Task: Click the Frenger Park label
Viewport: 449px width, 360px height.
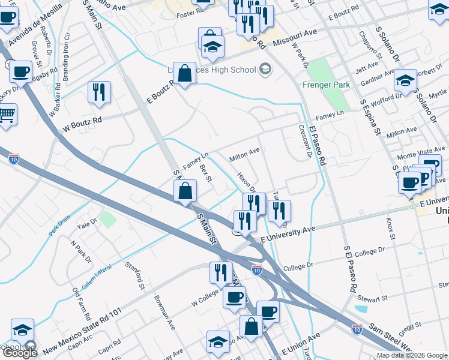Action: (327, 85)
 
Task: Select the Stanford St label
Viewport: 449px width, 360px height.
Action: (135, 273)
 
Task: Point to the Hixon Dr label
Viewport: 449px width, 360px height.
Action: (247, 182)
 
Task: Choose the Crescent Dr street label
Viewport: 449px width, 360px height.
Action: (304, 140)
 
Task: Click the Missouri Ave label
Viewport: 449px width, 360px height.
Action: (294, 34)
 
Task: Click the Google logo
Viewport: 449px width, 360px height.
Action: (19, 353)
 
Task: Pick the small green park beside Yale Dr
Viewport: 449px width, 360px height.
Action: (107, 219)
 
